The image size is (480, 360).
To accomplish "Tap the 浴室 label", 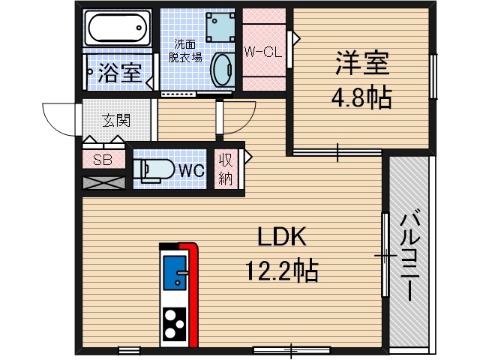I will pos(120,73).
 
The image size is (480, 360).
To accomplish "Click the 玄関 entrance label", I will pos(116,119).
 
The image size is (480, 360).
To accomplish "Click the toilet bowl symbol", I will pos(150,170).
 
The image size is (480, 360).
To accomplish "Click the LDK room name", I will pos(282,237).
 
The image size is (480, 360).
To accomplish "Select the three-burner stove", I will pos(175,324).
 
